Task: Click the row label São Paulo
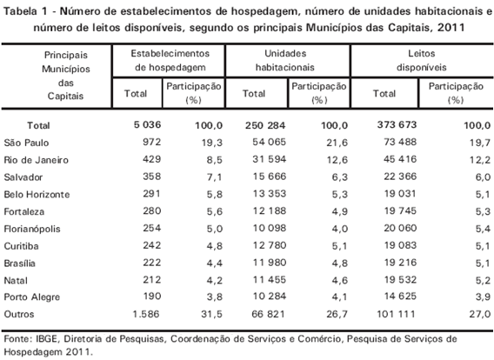pyautogui.click(x=26, y=143)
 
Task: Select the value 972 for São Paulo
pyautogui.click(x=151, y=142)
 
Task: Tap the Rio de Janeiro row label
pyautogui.click(x=36, y=160)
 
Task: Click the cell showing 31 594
pyautogui.click(x=270, y=159)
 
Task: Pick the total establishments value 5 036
pyautogui.click(x=147, y=124)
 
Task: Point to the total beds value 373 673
pyautogui.click(x=397, y=124)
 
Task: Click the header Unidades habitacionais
pyautogui.click(x=285, y=61)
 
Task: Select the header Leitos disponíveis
pyautogui.click(x=422, y=61)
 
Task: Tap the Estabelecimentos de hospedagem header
pyautogui.click(x=170, y=61)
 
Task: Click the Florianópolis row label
pyautogui.click(x=32, y=229)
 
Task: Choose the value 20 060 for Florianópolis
pyautogui.click(x=400, y=228)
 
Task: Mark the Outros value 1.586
pyautogui.click(x=146, y=314)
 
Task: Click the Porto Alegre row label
pyautogui.click(x=32, y=297)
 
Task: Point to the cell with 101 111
pyautogui.click(x=396, y=314)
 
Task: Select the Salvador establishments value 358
pyautogui.click(x=151, y=177)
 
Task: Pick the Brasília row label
pyautogui.click(x=19, y=263)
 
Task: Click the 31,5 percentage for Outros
pyautogui.click(x=211, y=314)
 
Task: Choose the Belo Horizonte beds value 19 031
pyautogui.click(x=400, y=193)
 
